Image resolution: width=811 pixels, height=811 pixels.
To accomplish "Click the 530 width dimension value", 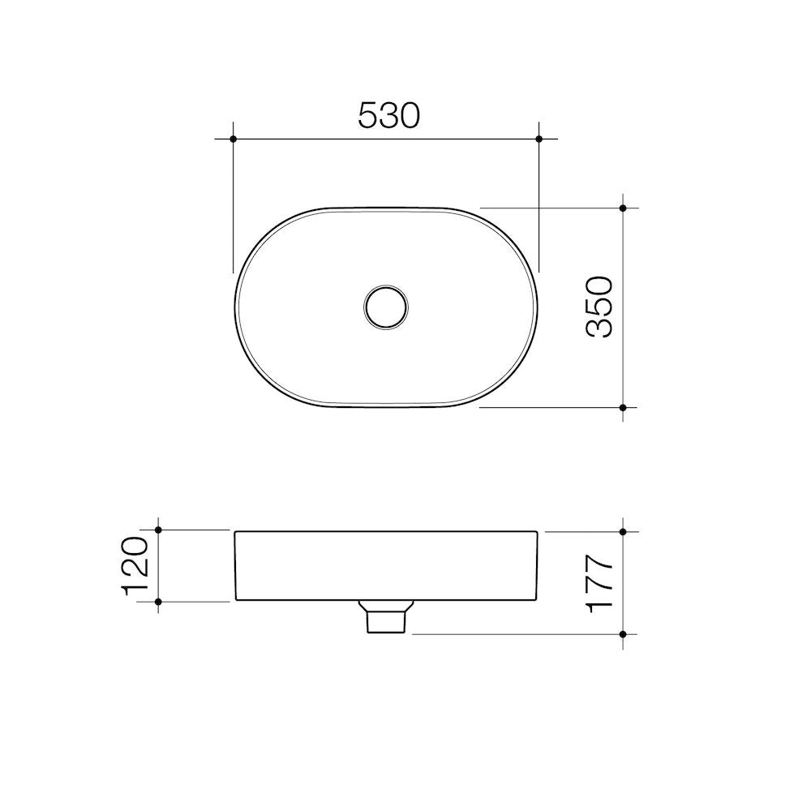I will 388,116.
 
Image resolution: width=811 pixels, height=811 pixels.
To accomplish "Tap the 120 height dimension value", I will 135,565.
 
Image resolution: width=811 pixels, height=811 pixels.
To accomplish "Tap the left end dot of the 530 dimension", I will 234,139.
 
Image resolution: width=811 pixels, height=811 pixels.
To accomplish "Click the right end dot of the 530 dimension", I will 539,139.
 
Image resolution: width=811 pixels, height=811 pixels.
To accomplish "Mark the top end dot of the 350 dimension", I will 623,208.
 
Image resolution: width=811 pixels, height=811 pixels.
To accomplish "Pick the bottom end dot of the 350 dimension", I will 623,407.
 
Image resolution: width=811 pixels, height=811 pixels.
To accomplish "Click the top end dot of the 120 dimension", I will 158,530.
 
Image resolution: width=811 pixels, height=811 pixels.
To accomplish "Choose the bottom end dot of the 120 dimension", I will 158,601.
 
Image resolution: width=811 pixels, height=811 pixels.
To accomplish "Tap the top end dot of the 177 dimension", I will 623,532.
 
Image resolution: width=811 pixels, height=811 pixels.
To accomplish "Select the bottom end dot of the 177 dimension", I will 623,633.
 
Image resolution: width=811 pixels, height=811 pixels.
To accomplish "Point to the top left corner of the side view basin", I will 236,532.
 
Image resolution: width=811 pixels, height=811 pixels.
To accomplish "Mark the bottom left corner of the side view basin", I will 236,600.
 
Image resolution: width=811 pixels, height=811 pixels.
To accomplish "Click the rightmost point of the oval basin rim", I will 539,307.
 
